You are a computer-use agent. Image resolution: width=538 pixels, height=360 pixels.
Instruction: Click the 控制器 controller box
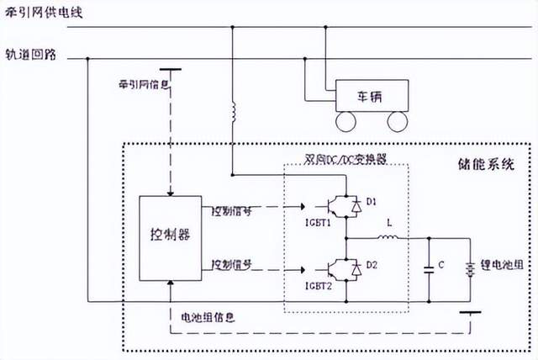[x=171, y=236]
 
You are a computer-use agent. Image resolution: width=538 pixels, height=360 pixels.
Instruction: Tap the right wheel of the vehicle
[x=396, y=120]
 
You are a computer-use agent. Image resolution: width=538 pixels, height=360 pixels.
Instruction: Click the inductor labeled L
[x=390, y=238]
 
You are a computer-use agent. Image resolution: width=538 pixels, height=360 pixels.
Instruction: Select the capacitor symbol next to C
[x=429, y=268]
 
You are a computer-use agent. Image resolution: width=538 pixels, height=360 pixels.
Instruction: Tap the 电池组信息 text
[x=208, y=318]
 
